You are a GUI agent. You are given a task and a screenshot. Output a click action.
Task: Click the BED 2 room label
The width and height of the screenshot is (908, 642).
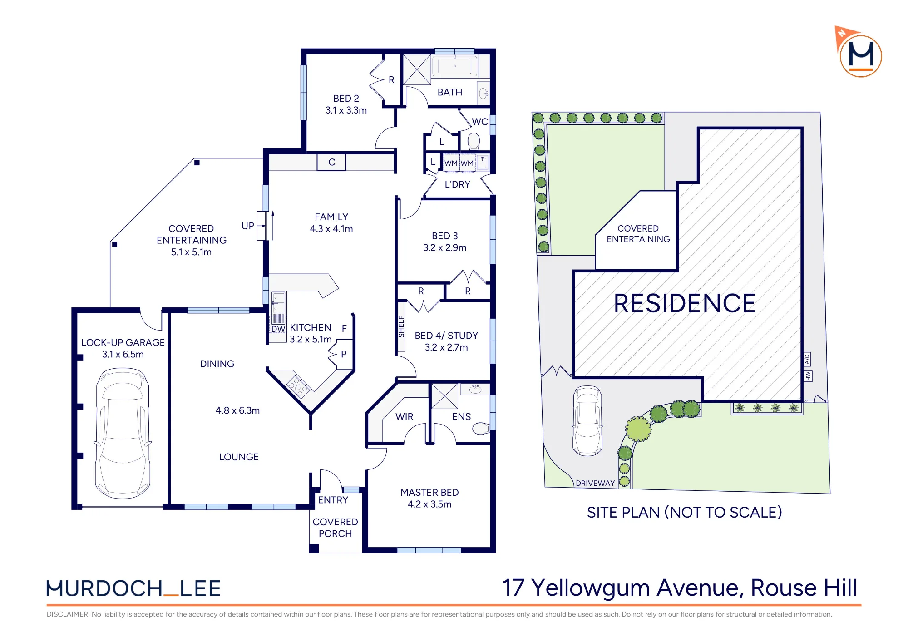pyautogui.click(x=346, y=99)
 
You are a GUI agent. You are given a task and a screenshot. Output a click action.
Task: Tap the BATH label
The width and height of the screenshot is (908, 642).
pyautogui.click(x=450, y=92)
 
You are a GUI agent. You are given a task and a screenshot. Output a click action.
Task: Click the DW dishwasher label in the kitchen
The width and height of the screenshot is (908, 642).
pyautogui.click(x=278, y=329)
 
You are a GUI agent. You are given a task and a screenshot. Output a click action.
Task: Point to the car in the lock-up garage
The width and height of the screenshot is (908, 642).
pyautogui.click(x=123, y=433)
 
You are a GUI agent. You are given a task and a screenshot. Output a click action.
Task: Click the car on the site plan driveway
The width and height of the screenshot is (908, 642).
pyautogui.click(x=587, y=421)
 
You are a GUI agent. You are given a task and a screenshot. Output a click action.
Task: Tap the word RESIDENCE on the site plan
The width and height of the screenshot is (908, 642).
pyautogui.click(x=684, y=303)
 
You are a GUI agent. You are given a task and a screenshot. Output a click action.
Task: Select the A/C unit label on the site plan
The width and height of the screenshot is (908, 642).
pyautogui.click(x=807, y=359)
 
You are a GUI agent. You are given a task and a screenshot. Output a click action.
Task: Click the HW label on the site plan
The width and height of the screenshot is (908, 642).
pyautogui.click(x=808, y=376)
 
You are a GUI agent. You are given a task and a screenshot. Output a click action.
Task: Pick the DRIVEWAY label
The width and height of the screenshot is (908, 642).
pyautogui.click(x=595, y=483)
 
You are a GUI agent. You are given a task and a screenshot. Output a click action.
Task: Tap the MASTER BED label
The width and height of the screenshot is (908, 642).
pyautogui.click(x=429, y=493)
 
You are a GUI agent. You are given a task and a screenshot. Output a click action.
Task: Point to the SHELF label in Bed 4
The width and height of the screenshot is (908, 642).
pyautogui.click(x=401, y=327)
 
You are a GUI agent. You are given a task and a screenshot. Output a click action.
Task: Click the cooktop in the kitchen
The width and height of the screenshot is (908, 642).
pyautogui.click(x=298, y=387)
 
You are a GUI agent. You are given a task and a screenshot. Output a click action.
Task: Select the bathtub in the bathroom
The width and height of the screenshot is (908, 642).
pyautogui.click(x=454, y=66)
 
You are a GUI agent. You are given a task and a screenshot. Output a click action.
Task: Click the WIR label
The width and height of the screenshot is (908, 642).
pyautogui.click(x=405, y=417)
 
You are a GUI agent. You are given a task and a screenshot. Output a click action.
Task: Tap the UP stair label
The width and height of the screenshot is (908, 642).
pyautogui.click(x=248, y=226)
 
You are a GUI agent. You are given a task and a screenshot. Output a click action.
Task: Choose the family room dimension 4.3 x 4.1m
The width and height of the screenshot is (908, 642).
pyautogui.click(x=331, y=229)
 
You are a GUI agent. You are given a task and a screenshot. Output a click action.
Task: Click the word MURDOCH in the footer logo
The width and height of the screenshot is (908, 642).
pyautogui.click(x=104, y=588)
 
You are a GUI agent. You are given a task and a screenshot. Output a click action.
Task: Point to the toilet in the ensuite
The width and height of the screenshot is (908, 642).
pyautogui.click(x=481, y=428)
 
